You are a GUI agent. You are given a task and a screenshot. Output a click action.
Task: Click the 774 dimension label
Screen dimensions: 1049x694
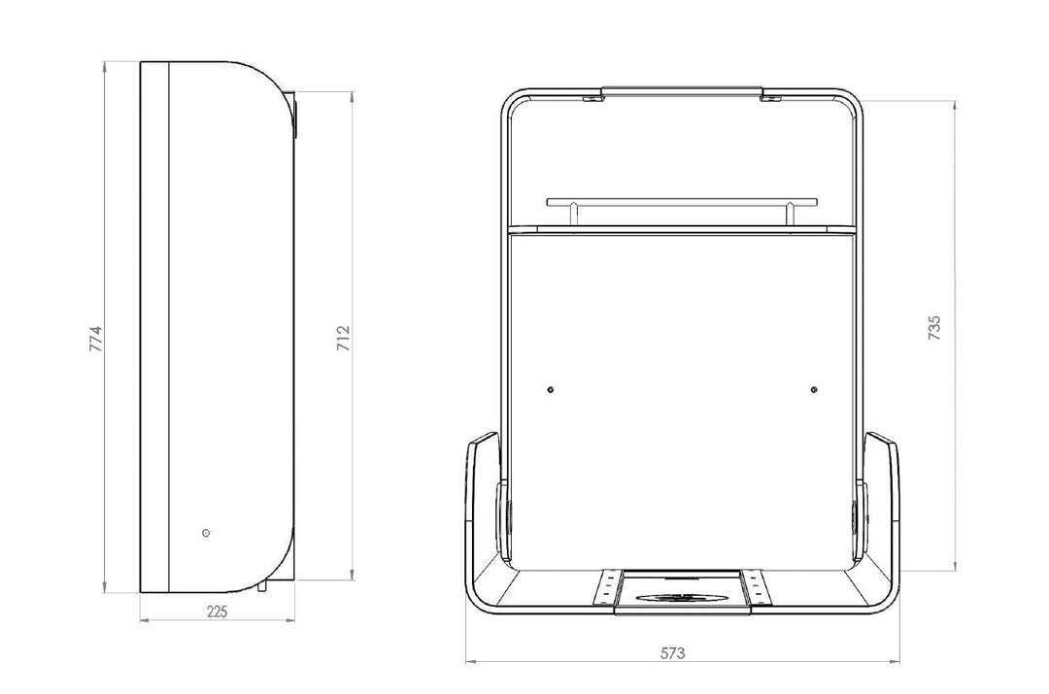(x=95, y=339)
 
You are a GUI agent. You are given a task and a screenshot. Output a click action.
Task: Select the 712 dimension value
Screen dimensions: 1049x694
(x=343, y=339)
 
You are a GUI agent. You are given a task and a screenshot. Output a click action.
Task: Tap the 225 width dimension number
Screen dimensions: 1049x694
(x=217, y=611)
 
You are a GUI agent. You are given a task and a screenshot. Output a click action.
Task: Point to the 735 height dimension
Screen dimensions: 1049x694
(x=934, y=328)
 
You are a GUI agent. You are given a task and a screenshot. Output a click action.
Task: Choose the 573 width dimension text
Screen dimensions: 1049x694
(x=672, y=653)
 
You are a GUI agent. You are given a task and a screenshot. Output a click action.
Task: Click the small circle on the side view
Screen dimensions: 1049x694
(x=206, y=533)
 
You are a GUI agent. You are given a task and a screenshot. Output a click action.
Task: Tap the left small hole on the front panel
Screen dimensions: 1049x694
(x=550, y=390)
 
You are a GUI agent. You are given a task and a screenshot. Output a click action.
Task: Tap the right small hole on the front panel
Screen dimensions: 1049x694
(x=814, y=390)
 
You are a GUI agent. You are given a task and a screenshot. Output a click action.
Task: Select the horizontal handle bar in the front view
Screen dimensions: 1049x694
(x=682, y=201)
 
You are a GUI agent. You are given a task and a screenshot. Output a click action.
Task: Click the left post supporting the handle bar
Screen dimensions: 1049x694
(x=573, y=214)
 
